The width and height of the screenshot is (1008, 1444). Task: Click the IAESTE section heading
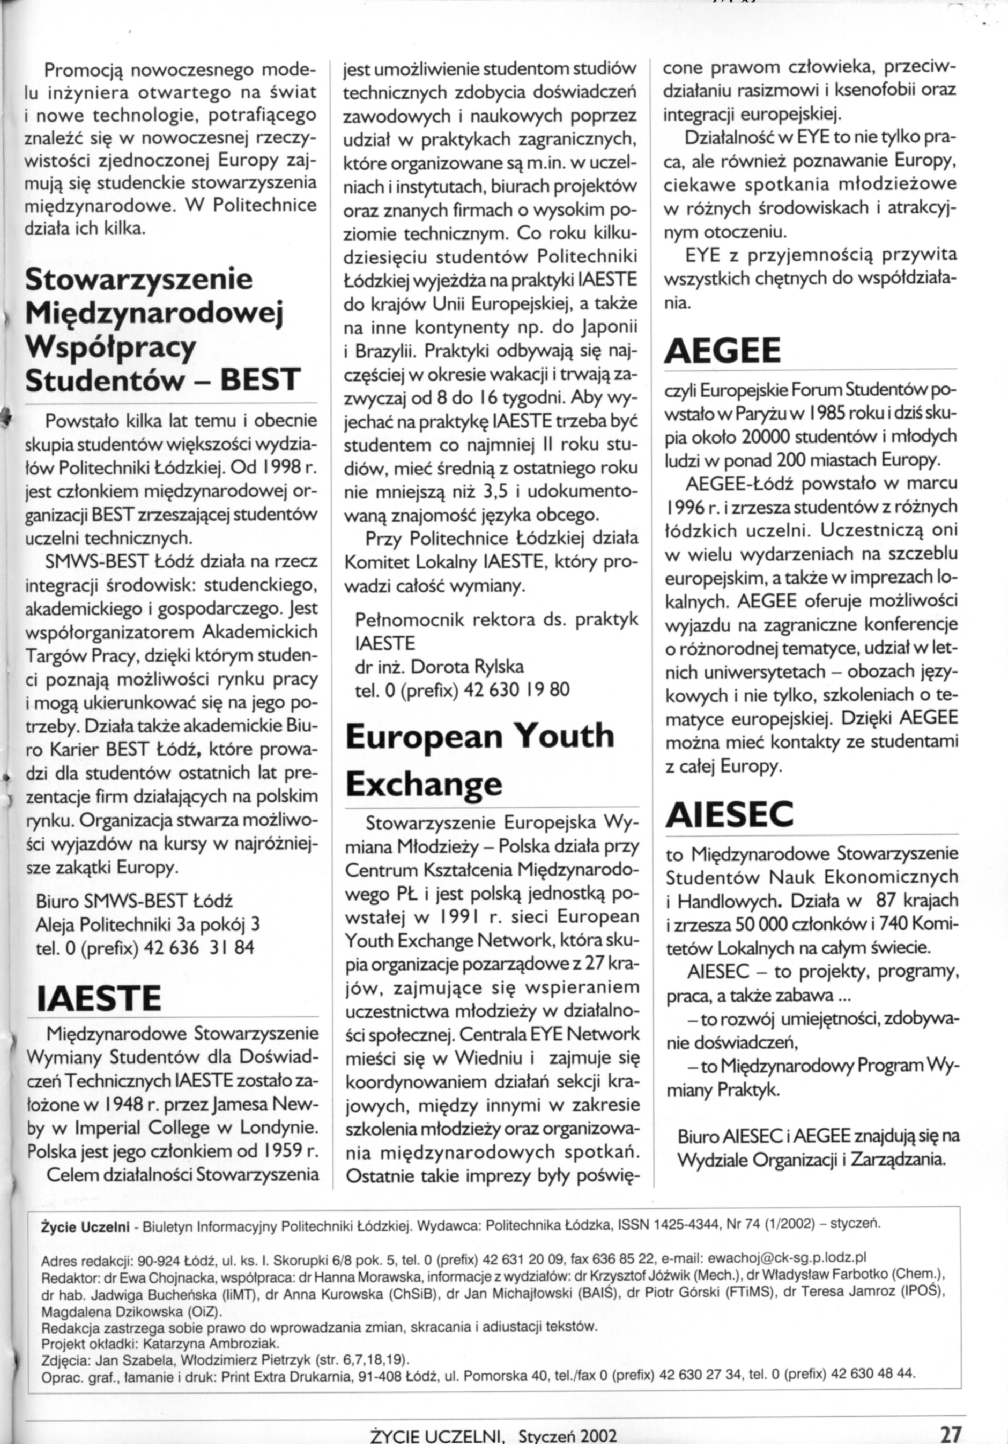pos(99,997)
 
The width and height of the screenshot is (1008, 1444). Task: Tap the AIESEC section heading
pos(729,814)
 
